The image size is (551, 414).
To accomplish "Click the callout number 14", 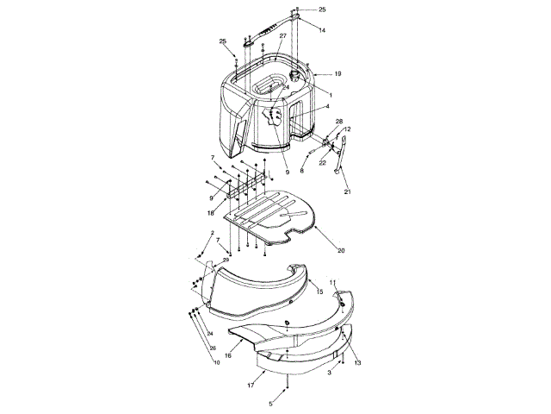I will click(322, 30).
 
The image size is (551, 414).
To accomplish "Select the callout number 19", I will click(338, 74).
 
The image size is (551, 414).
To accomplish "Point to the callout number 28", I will click(338, 121).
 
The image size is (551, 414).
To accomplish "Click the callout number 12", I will click(347, 129).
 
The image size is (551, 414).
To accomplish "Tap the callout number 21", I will click(347, 191).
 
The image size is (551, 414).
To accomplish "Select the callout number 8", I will click(302, 170).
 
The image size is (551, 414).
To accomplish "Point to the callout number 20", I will click(341, 251).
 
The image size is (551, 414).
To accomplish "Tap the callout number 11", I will click(334, 282).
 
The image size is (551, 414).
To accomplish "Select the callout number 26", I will click(214, 348).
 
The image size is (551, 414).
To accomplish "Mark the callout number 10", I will click(217, 363).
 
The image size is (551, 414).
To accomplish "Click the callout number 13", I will click(357, 363).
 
